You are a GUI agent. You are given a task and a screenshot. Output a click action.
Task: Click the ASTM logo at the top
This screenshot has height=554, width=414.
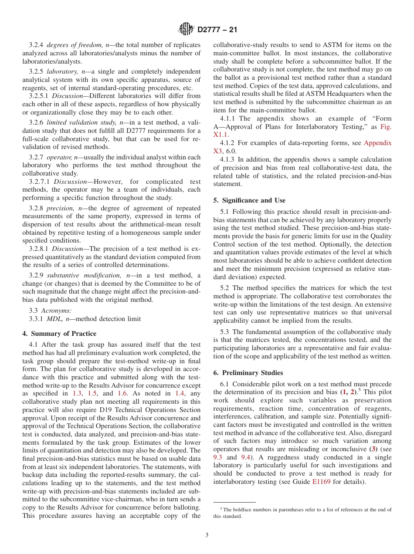187,30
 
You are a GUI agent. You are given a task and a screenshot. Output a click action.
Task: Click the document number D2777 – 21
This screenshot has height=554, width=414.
217,30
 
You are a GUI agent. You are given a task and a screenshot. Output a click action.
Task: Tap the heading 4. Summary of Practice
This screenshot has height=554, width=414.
59,334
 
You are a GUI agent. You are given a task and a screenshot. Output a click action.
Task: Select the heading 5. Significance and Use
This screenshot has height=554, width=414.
249,200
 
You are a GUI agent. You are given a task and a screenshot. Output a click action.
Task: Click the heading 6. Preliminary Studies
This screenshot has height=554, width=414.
248,373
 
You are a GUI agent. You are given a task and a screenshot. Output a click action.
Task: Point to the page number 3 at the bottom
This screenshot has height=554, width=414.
207,535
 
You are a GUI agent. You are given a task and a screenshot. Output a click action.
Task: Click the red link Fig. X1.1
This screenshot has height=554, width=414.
386,127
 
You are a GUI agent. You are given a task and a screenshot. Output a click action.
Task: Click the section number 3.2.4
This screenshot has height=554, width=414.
36,45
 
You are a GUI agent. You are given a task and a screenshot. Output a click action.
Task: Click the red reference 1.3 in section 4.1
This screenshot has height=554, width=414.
77,393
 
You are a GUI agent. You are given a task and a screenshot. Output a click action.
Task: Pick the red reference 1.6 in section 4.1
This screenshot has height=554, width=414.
123,393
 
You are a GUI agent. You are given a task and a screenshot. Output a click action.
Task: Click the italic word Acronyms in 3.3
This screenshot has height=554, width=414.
56,311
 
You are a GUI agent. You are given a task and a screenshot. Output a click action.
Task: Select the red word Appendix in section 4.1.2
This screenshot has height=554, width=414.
377,143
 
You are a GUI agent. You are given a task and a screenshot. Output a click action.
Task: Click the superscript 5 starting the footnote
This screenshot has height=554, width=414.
221,508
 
